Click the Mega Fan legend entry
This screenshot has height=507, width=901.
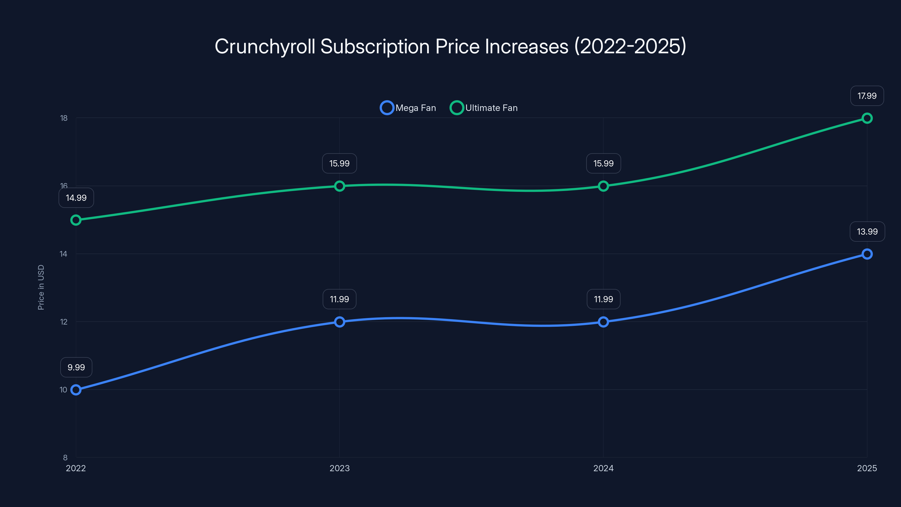(408, 108)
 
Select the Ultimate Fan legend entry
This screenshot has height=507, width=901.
(484, 108)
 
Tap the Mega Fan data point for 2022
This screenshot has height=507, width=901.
(76, 390)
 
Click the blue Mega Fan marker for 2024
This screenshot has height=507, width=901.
(603, 322)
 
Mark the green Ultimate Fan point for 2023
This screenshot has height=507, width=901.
(339, 186)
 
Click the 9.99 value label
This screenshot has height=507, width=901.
(76, 367)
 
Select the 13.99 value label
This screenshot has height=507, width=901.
(867, 232)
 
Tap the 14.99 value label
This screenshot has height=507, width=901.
(76, 198)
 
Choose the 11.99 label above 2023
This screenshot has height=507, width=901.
(339, 299)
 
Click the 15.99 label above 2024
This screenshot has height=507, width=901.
(603, 163)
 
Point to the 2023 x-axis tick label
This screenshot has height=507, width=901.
(339, 468)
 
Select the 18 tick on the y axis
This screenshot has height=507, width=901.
(64, 118)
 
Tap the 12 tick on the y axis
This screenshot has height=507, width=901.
(64, 322)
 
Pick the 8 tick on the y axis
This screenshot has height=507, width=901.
(65, 457)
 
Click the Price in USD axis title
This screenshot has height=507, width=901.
(41, 287)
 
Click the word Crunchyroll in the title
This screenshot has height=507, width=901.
(265, 46)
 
